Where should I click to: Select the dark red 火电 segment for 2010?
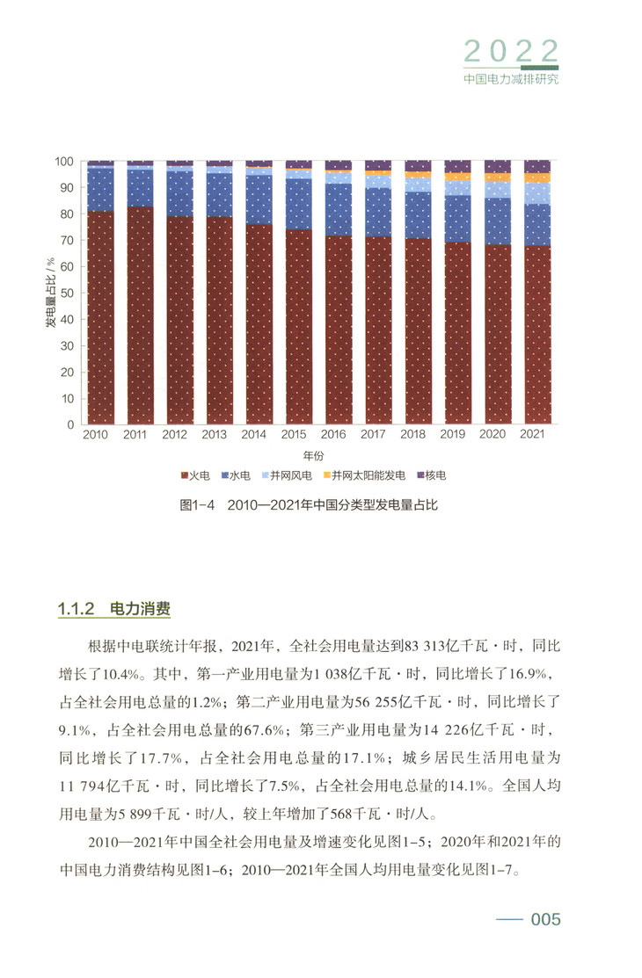100,316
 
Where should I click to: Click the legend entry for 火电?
198,475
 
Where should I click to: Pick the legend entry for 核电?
431,475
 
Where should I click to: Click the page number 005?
544,919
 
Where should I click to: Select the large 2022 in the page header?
511,49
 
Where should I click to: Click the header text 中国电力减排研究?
511,77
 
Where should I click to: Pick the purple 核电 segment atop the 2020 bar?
498,166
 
